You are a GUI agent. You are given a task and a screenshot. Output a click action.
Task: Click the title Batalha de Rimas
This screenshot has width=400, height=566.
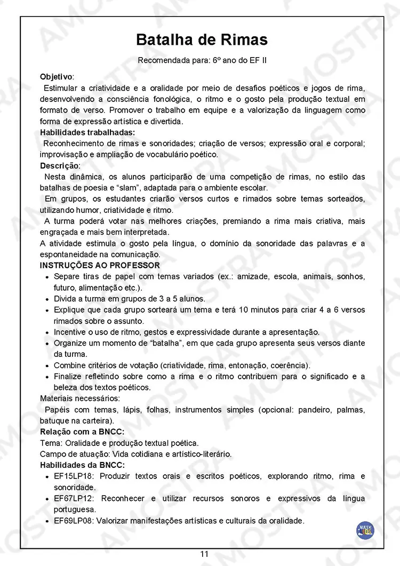coord(202,40)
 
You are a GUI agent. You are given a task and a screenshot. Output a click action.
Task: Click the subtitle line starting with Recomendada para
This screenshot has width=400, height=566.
coord(202,60)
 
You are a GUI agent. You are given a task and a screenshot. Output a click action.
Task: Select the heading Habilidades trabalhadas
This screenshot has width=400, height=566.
coord(87,132)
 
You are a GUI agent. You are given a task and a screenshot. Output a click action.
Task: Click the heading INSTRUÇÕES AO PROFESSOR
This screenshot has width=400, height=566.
coord(100,265)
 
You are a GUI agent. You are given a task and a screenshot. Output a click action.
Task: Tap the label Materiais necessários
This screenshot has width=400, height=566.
coord(80,398)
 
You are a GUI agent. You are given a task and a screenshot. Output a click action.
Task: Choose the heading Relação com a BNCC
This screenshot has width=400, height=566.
coord(82,432)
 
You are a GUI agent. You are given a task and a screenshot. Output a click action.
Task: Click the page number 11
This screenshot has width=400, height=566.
coord(204,554)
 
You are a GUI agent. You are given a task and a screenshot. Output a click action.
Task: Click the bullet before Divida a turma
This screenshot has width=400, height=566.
coord(48,299)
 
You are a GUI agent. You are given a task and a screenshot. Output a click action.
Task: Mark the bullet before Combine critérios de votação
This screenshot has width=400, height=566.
coord(48,366)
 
